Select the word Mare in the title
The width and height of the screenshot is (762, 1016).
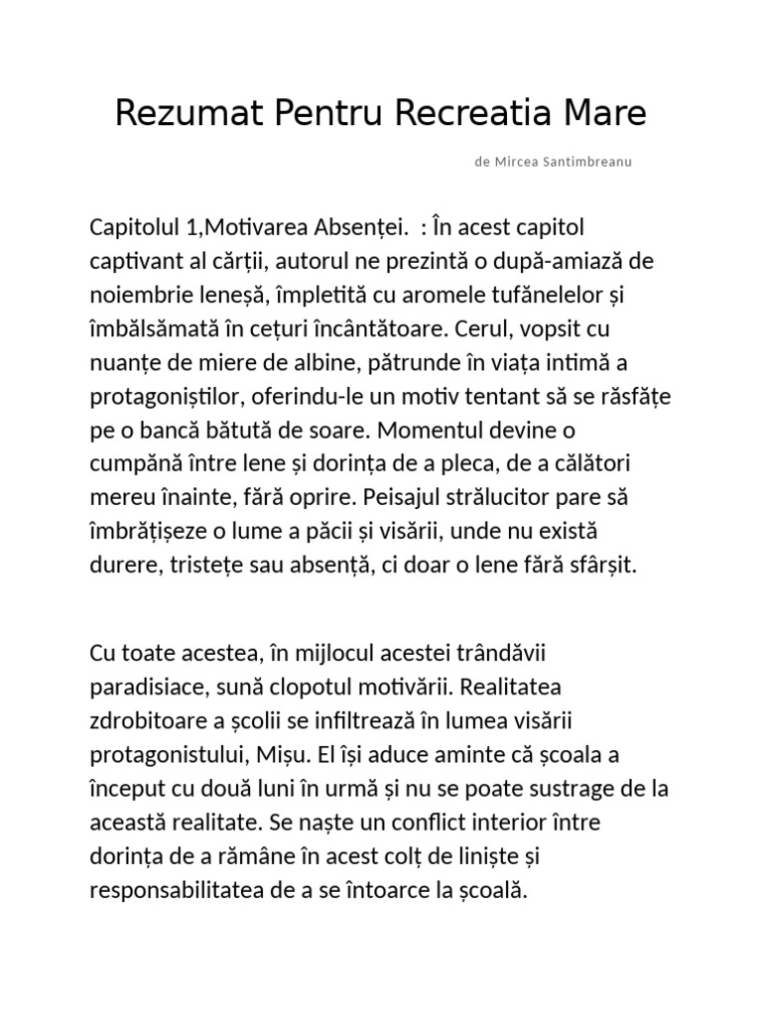(605, 114)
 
